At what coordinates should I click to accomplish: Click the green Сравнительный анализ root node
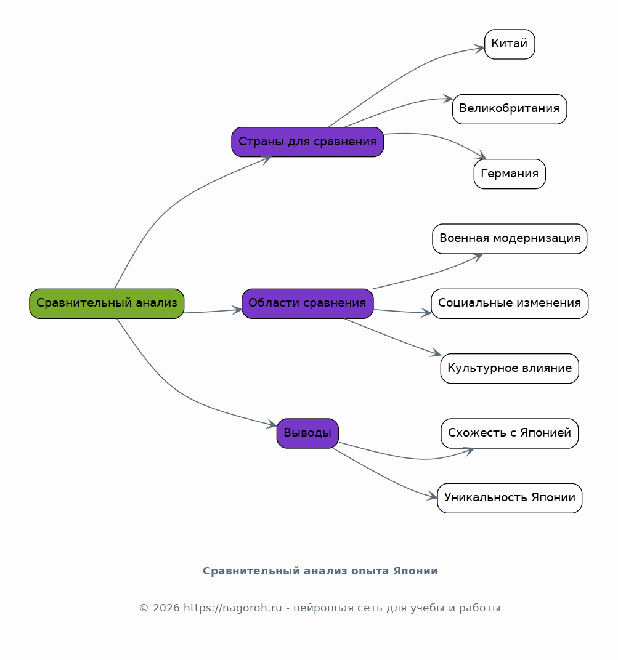pos(107,304)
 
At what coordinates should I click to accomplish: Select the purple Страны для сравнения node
pos(307,142)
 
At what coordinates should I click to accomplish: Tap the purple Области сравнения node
pos(307,304)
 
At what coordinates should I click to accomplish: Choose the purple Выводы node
pos(307,433)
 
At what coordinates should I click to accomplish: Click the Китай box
pos(510,44)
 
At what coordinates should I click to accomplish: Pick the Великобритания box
pos(510,109)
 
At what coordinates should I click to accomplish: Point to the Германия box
pos(510,174)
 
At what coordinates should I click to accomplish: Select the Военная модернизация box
pos(510,239)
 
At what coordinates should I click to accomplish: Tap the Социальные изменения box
pos(510,304)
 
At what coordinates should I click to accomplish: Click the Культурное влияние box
pos(510,368)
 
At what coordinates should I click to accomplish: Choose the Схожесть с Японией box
pos(510,433)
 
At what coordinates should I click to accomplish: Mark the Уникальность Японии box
pos(510,498)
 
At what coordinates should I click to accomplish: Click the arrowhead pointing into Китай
pos(480,49)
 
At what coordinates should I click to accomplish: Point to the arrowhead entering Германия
pos(481,155)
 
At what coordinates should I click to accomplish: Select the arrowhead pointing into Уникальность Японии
pos(433,496)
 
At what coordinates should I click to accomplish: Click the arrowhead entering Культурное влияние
pos(436,353)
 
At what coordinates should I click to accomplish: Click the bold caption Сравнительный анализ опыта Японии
pos(320,571)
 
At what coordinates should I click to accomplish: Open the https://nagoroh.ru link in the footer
pos(232,608)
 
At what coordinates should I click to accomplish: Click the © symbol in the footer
pos(144,608)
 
